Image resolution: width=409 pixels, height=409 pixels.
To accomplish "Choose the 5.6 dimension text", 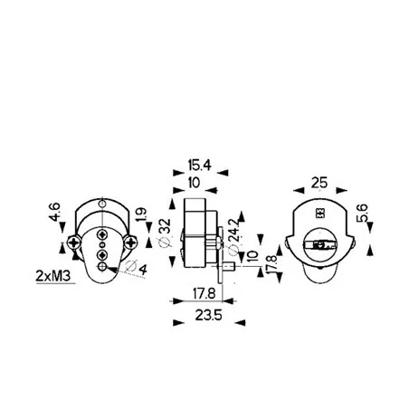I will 362,215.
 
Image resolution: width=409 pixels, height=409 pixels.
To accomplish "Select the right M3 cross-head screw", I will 131,242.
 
